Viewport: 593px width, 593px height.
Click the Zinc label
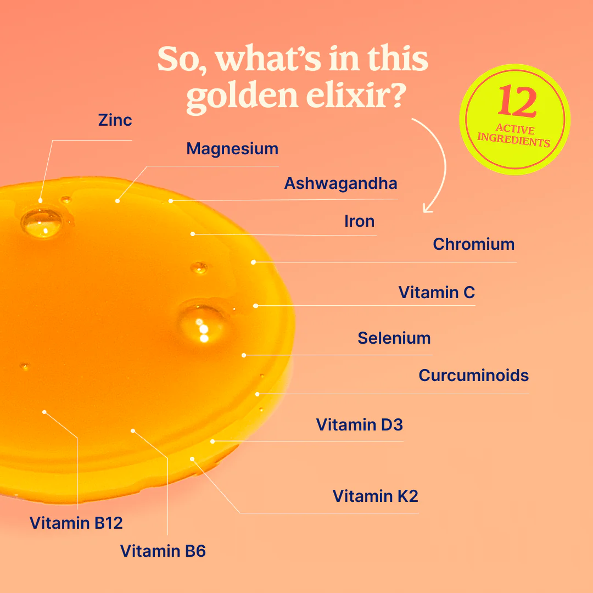(x=115, y=120)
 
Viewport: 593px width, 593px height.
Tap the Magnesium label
(x=232, y=149)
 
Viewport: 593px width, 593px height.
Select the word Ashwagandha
(x=341, y=183)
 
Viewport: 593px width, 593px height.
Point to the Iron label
(x=359, y=221)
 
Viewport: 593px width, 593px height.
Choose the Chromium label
(x=474, y=244)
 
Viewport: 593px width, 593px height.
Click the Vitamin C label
(x=437, y=292)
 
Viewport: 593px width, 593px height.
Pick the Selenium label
(x=394, y=338)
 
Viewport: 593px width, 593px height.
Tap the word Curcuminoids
(x=474, y=376)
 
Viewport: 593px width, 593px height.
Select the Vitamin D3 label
(x=360, y=424)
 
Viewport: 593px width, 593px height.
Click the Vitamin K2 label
(x=376, y=496)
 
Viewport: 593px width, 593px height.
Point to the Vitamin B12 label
(x=76, y=523)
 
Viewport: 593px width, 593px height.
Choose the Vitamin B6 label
(x=163, y=551)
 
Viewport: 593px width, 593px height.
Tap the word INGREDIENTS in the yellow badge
(x=513, y=139)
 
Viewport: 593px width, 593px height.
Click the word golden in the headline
(x=243, y=96)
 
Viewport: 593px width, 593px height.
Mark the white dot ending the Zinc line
(x=41, y=201)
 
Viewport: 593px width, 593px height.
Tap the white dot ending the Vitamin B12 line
(x=44, y=412)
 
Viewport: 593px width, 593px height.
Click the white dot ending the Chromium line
(x=253, y=262)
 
